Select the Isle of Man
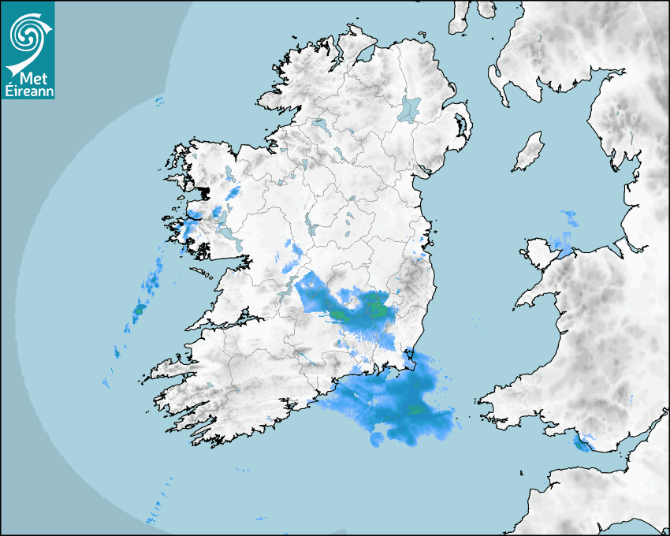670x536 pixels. (x=529, y=152)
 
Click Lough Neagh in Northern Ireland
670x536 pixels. (x=410, y=108)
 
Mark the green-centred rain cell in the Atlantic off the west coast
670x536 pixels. (x=140, y=310)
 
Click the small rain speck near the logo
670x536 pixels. (x=158, y=100)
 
